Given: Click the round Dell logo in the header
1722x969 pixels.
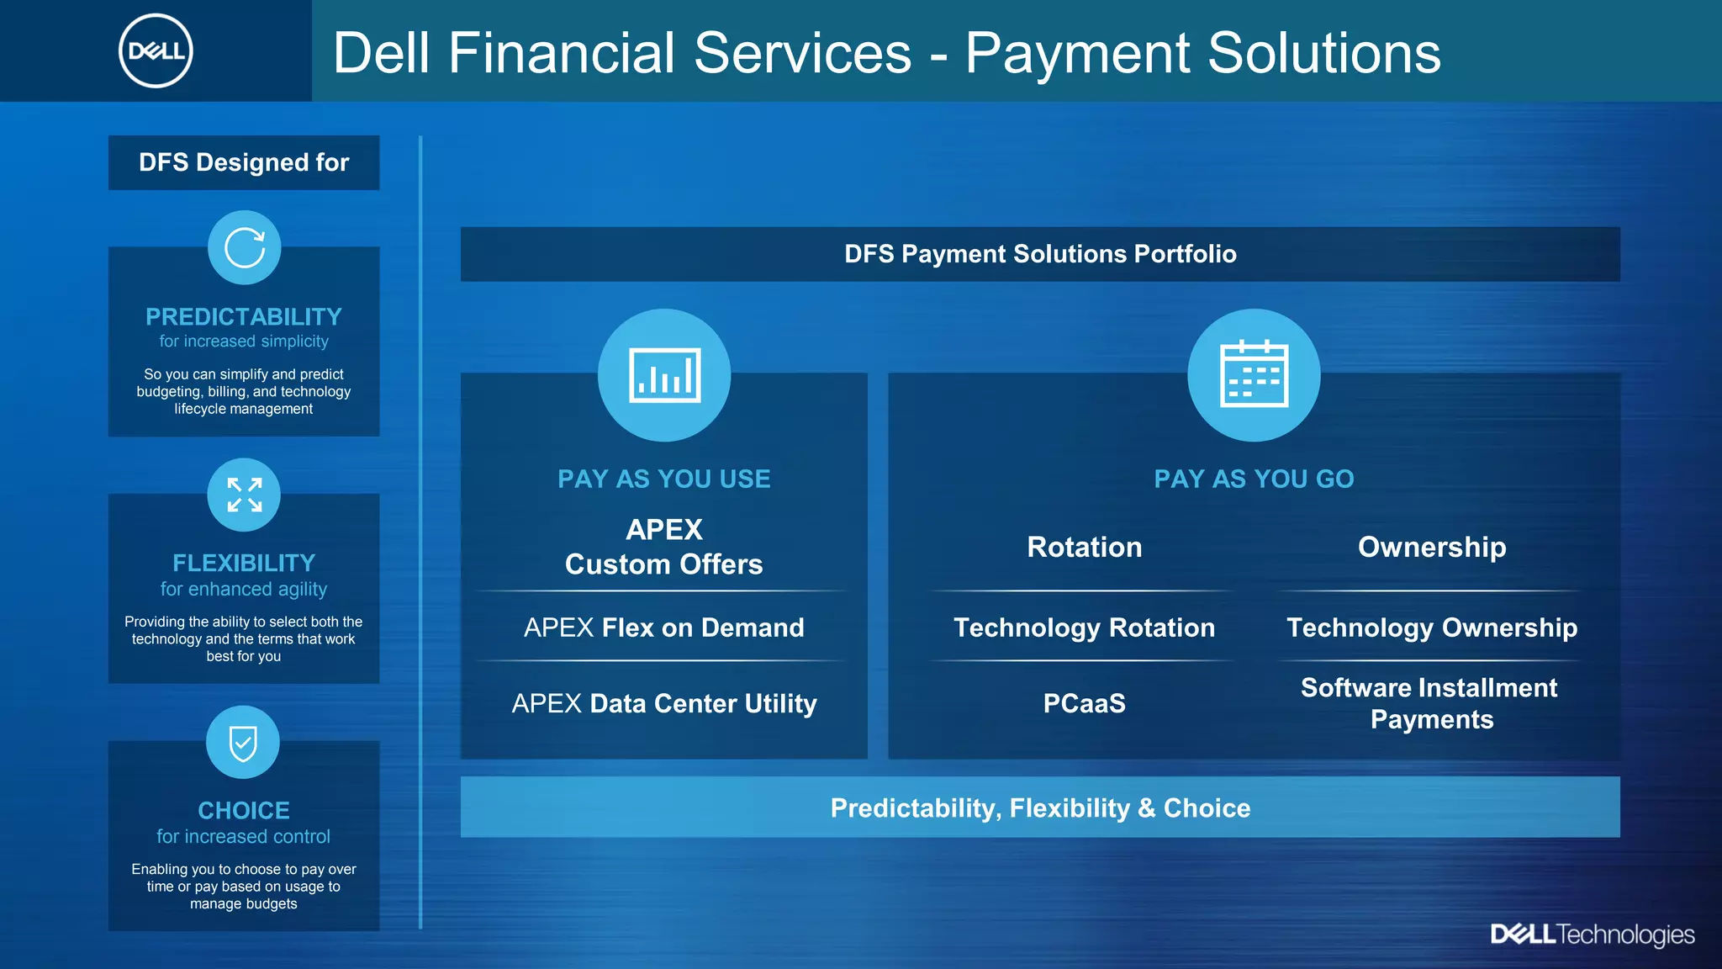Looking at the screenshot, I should coord(156,51).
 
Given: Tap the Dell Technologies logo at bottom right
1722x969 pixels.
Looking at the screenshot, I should coord(1592,935).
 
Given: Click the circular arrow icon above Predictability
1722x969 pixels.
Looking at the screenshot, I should coord(245,248).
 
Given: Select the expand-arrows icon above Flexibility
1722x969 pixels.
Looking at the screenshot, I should coord(244,495).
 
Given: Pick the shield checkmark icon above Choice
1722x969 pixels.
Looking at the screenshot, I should coord(243,743).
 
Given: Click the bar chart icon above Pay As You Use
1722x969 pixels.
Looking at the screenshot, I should coord(664,375).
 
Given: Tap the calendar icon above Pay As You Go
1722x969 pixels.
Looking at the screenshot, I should coord(1254,375).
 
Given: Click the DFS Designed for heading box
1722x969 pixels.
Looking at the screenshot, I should coord(244,162).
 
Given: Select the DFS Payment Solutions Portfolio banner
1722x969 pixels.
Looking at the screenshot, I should coord(1040,254).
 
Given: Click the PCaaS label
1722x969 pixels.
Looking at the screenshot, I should coord(1084,703).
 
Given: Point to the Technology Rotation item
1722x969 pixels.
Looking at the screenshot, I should coord(1084,627).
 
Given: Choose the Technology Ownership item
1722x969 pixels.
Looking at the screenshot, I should coord(1432,627).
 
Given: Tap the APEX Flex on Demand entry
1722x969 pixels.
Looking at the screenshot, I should coord(664,627).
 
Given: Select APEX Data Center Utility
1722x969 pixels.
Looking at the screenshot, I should coord(664,703).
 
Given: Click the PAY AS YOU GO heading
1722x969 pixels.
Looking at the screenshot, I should coord(1254,479).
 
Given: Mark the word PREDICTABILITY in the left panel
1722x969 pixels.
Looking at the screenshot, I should coord(244,317).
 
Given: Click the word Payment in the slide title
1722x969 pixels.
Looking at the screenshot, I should coord(1076,53).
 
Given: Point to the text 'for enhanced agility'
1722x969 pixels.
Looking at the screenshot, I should coord(244,590).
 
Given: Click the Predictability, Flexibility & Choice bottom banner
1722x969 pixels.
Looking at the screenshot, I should coord(1040,807).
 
